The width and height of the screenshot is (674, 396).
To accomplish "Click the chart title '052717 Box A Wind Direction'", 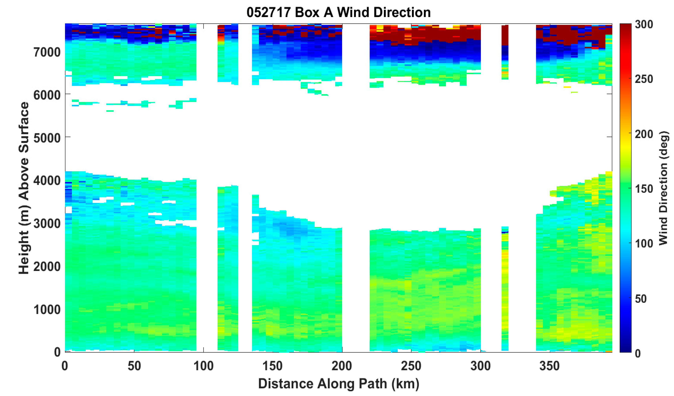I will pyautogui.click(x=338, y=13).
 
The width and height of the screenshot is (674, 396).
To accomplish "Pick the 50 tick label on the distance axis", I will pyautogui.click(x=134, y=366).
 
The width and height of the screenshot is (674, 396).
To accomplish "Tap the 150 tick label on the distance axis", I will pyautogui.click(x=273, y=366).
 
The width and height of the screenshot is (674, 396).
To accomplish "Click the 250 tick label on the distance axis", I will pyautogui.click(x=411, y=366).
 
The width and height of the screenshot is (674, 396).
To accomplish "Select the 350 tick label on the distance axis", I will pyautogui.click(x=550, y=366).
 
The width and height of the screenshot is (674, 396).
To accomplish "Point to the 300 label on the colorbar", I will pyautogui.click(x=644, y=25).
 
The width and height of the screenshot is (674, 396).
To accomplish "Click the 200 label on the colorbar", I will pyautogui.click(x=644, y=134).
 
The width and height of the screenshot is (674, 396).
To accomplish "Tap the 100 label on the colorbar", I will pyautogui.click(x=644, y=244).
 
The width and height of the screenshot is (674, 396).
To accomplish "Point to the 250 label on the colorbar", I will pyautogui.click(x=644, y=79).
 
